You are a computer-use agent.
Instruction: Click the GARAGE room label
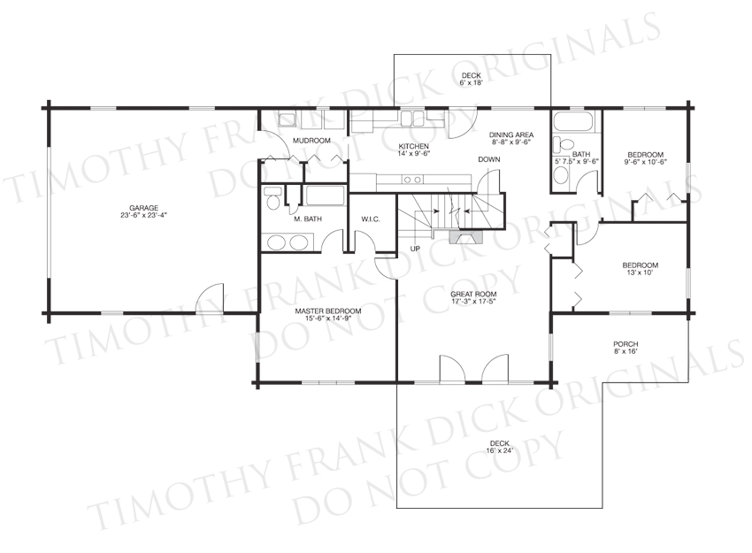click(144, 208)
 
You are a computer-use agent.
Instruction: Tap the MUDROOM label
click(311, 141)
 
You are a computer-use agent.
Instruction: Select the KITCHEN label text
click(414, 146)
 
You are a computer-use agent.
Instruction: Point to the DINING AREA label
click(511, 134)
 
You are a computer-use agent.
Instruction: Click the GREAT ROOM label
click(473, 294)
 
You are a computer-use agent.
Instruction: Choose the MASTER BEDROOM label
click(328, 311)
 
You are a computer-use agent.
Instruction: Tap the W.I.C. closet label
click(371, 219)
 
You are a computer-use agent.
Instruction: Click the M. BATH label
click(308, 219)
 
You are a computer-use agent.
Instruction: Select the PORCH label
click(625, 344)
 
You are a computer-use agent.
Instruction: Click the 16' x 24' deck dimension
click(500, 450)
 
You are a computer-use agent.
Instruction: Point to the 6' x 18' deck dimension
click(471, 82)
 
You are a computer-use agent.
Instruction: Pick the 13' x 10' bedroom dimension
click(641, 273)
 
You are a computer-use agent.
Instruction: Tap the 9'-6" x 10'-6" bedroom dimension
click(645, 162)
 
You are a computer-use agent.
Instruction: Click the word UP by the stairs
click(415, 249)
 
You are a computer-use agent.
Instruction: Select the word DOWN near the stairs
click(488, 159)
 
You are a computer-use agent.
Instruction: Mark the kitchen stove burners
click(412, 180)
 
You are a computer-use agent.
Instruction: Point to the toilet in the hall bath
click(564, 144)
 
